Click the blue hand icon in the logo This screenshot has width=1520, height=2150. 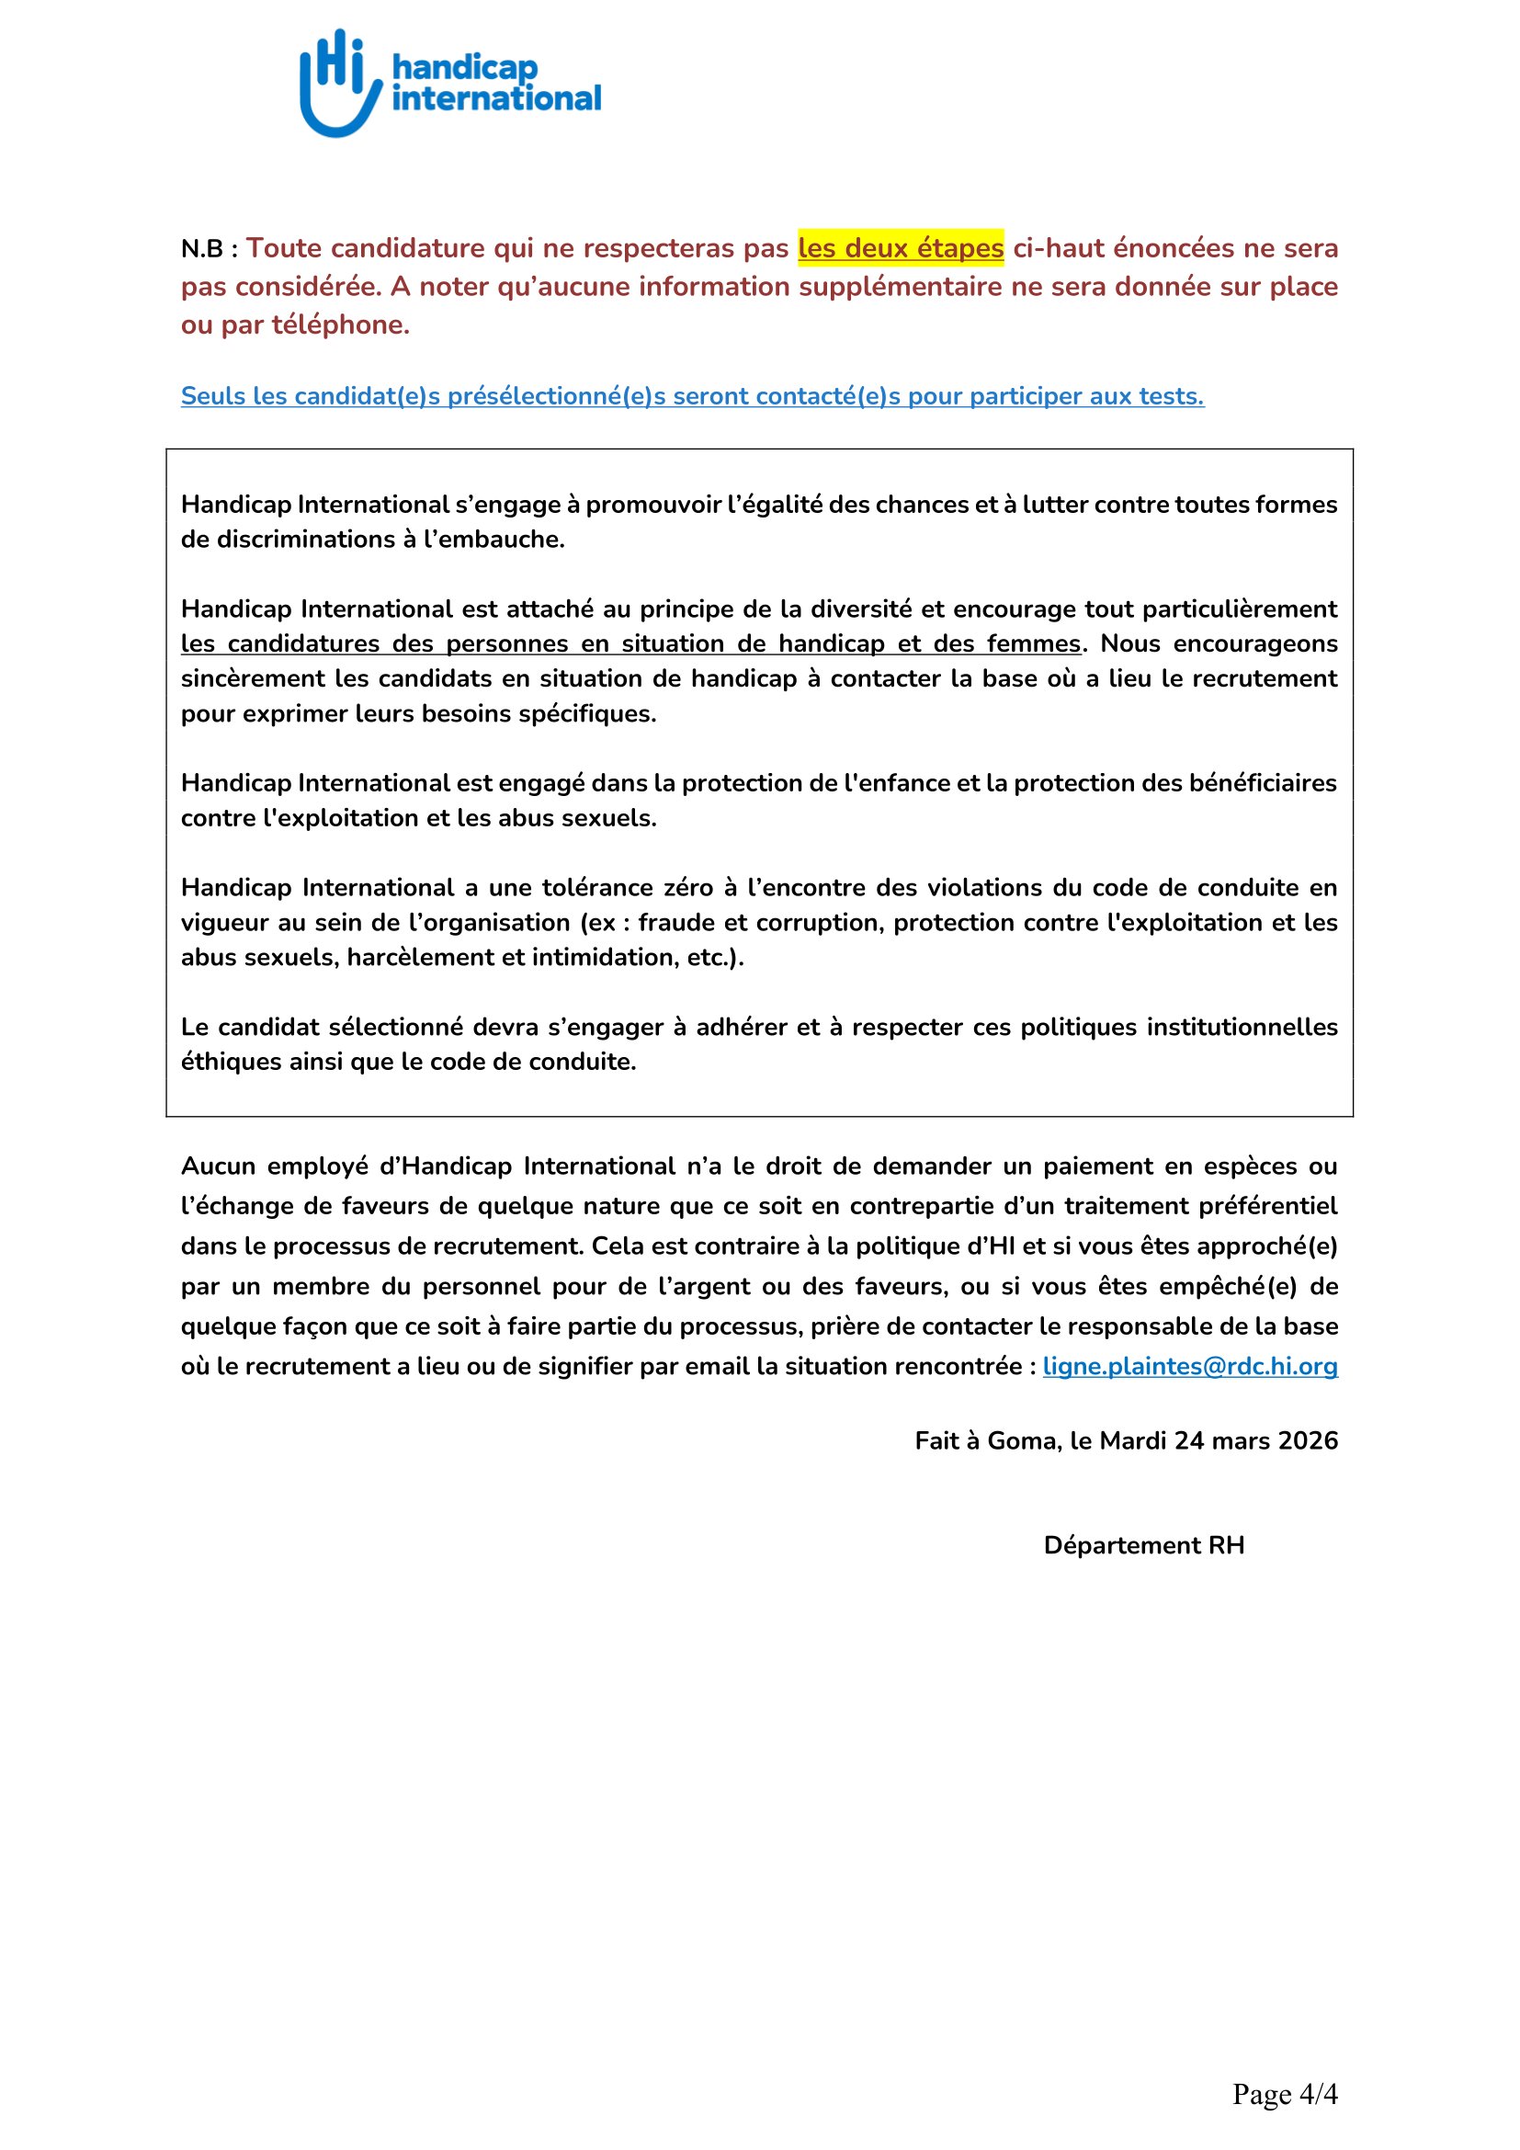tap(338, 85)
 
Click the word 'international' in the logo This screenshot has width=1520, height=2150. tap(496, 98)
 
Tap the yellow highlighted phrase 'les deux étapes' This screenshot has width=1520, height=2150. tap(901, 248)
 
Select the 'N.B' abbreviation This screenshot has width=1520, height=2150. tap(202, 249)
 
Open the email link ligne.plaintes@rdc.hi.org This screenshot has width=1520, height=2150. tap(1189, 1366)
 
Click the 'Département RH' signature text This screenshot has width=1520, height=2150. tap(1144, 1545)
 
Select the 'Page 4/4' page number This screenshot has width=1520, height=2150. tap(1284, 2094)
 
